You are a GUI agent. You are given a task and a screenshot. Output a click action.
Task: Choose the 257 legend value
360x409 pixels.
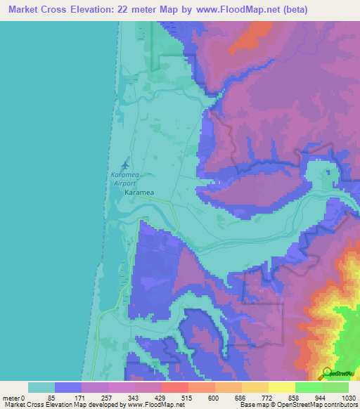click(106, 398)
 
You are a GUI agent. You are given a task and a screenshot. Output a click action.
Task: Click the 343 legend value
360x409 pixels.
click(133, 398)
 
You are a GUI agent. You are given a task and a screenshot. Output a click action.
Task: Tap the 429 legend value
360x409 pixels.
click(160, 398)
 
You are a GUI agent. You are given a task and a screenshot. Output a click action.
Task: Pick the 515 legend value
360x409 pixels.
click(186, 398)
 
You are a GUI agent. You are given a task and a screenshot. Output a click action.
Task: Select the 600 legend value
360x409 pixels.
click(213, 398)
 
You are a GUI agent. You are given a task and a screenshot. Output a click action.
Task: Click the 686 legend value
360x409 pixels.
click(240, 398)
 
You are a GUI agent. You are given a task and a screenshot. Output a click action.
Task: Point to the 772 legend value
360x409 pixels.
click(266, 398)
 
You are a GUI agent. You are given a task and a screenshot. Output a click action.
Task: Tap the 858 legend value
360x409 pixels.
click(293, 398)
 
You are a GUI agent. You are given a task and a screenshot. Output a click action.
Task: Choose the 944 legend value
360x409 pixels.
click(320, 398)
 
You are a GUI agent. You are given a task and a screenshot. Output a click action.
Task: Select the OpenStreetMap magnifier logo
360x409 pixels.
click(326, 372)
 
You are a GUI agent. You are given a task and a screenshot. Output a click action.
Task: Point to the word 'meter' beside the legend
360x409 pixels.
click(11, 398)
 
